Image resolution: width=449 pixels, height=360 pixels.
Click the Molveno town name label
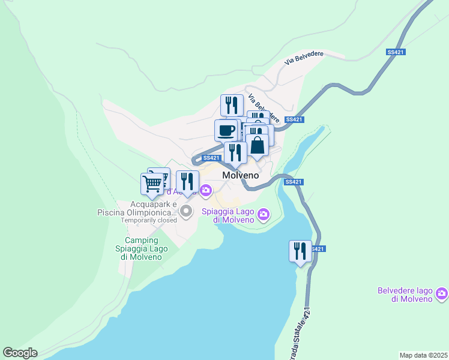(x=240, y=176)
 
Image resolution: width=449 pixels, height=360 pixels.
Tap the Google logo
(x=20, y=353)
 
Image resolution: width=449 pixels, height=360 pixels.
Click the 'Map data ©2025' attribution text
(x=423, y=355)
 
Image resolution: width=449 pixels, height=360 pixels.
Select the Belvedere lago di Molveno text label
(x=405, y=295)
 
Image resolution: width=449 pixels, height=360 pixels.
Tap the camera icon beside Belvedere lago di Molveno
(x=442, y=294)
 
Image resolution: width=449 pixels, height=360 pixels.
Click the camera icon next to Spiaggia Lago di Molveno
(x=263, y=214)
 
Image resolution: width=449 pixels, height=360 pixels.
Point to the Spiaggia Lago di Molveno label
(x=229, y=215)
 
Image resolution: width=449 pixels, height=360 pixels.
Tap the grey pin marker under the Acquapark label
(x=186, y=210)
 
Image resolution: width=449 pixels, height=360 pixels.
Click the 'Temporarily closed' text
(x=149, y=220)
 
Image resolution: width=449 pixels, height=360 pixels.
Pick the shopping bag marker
(x=257, y=145)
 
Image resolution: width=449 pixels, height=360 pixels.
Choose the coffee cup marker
(x=226, y=130)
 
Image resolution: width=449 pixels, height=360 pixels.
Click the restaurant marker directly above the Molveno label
(x=235, y=153)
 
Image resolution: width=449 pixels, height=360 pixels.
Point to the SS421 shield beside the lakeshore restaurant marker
(x=318, y=249)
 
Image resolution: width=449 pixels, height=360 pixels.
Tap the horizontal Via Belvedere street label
(x=304, y=58)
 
